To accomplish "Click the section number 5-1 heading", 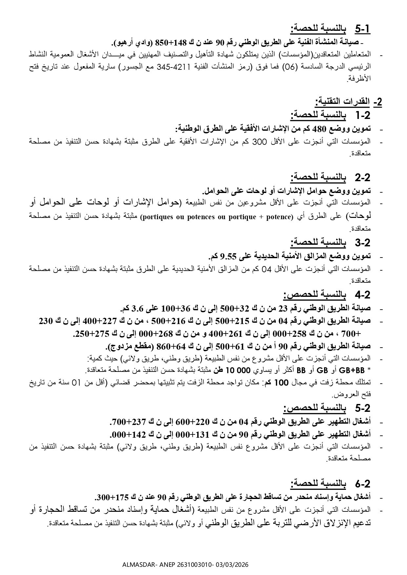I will point(362,29).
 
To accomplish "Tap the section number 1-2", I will point(362,115).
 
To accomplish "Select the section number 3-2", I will point(362,243).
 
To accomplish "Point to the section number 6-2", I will point(362,484).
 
